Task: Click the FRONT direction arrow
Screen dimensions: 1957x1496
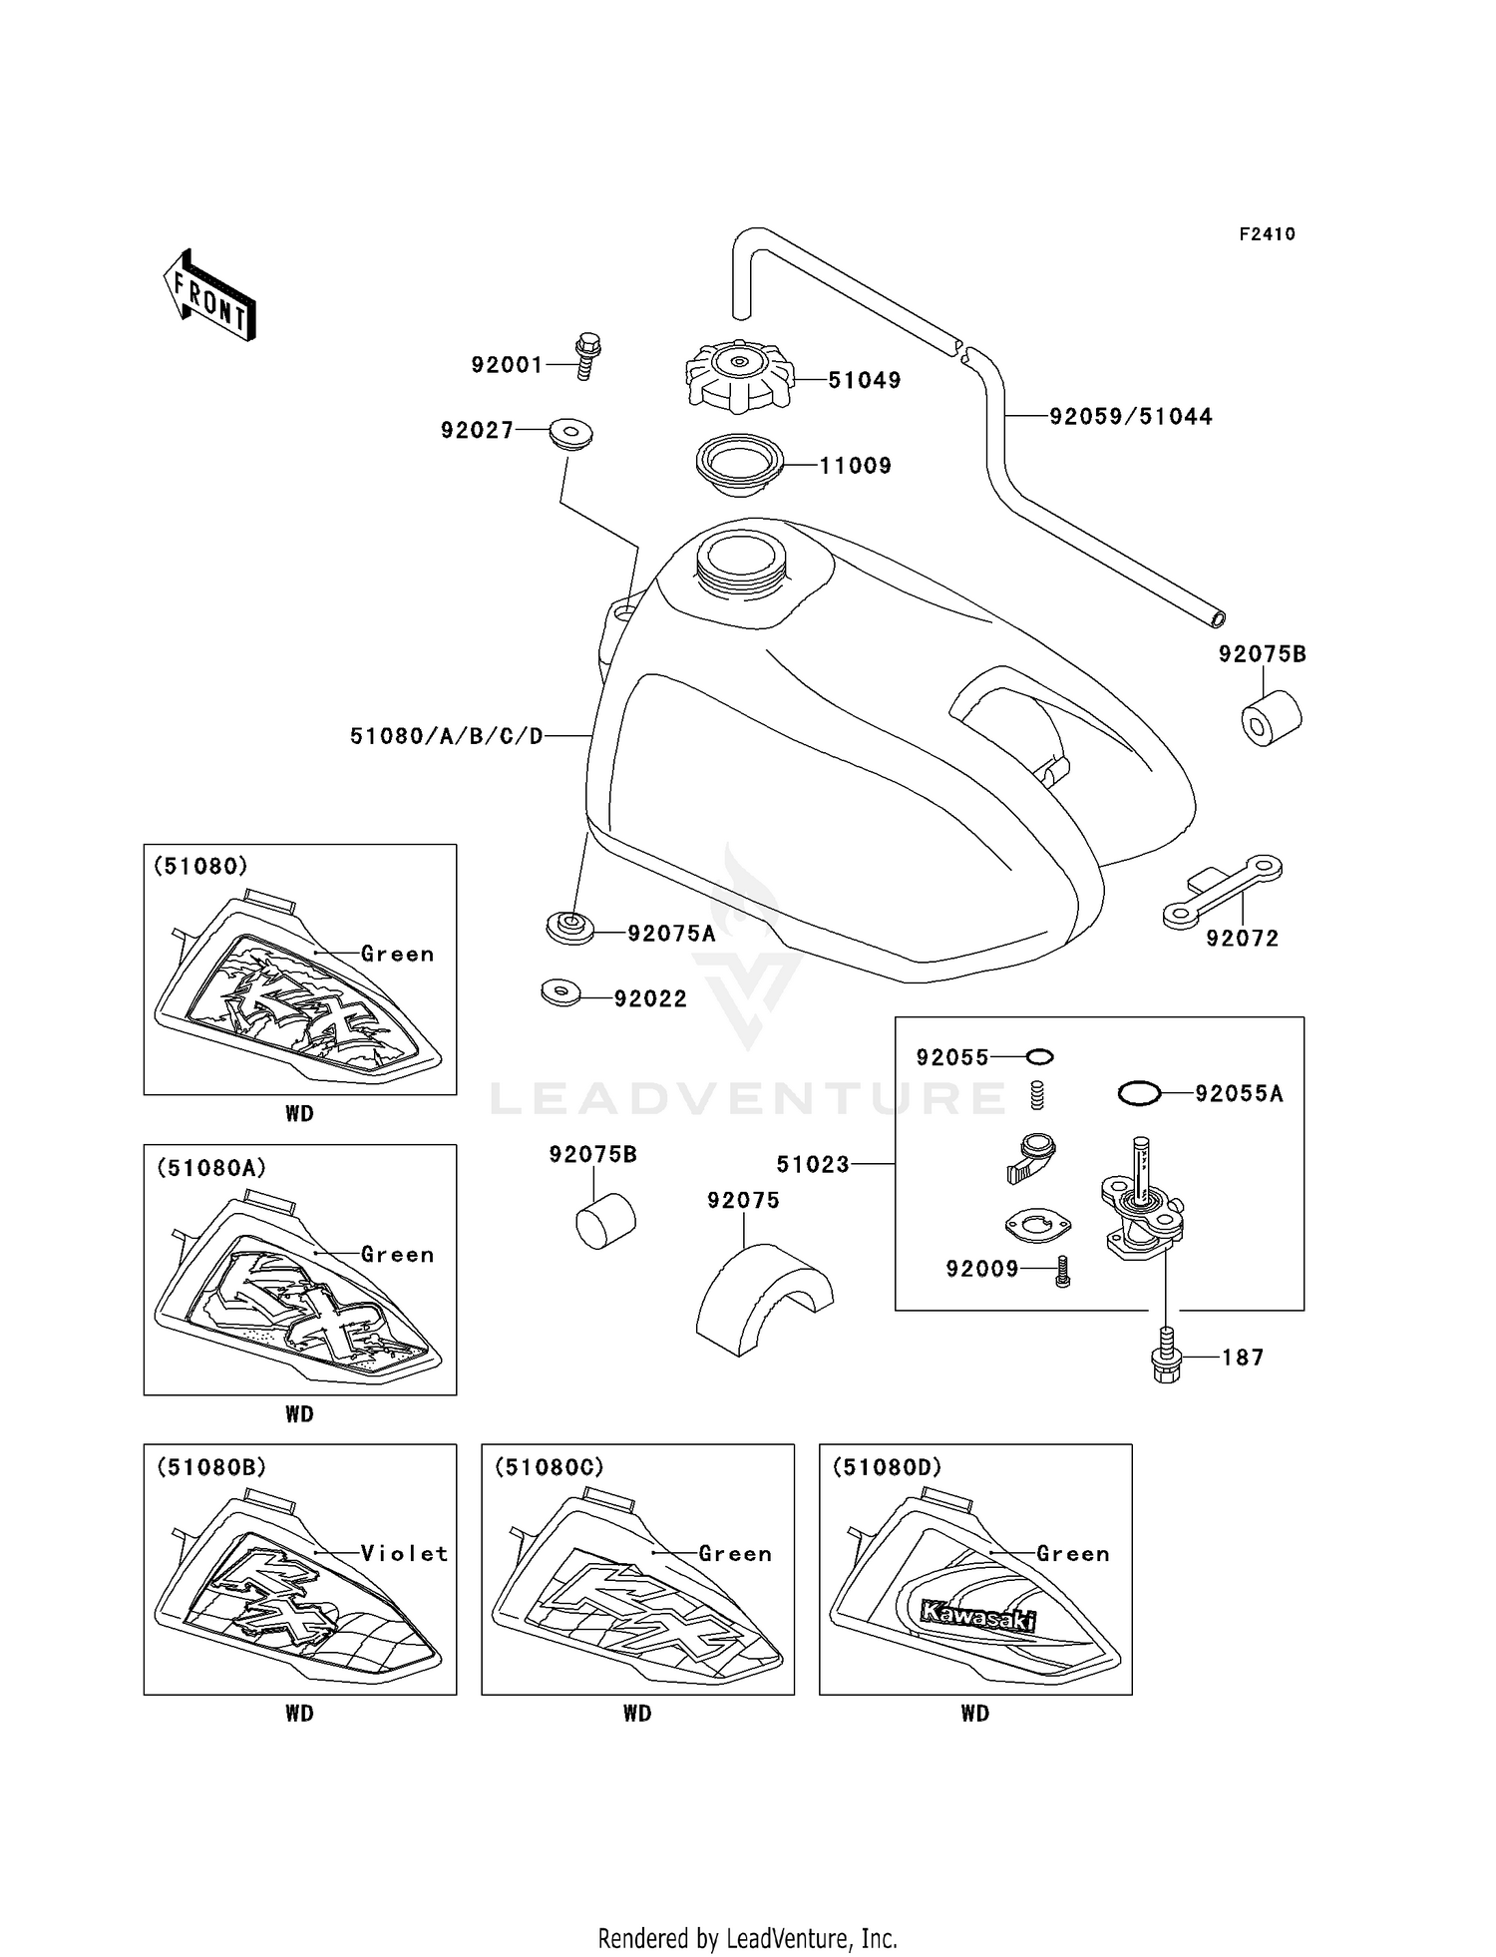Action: tap(209, 296)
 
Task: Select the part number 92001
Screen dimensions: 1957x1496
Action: tap(507, 365)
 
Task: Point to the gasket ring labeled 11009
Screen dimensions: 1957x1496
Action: tap(739, 464)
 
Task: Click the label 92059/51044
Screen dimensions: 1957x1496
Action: tap(1130, 417)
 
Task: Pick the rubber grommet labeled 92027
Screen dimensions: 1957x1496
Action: tap(570, 435)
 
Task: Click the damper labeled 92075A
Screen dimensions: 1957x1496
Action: tap(570, 928)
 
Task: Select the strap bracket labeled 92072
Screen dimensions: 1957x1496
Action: tap(1222, 890)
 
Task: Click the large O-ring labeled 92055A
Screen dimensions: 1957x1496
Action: tap(1139, 1093)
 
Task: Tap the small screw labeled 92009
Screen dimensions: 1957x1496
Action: tap(1062, 1271)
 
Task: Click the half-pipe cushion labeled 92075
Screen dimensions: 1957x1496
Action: tap(763, 1301)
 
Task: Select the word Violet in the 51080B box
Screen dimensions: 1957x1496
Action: tap(404, 1553)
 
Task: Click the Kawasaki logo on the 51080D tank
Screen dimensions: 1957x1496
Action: tap(977, 1617)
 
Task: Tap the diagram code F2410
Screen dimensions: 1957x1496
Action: tap(1267, 234)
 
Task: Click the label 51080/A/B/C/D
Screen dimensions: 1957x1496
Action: tap(446, 736)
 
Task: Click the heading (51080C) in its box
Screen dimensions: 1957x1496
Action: tap(550, 1467)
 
